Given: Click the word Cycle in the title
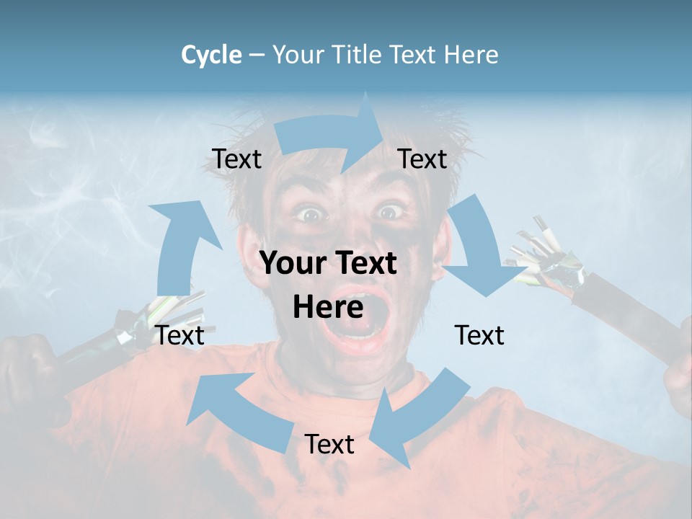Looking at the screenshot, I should click(x=211, y=55).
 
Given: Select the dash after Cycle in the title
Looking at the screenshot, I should click(x=257, y=55).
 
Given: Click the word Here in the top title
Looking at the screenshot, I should click(x=470, y=55).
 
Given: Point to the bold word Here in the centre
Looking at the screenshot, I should click(x=328, y=308).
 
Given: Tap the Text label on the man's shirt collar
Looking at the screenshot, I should click(x=329, y=444).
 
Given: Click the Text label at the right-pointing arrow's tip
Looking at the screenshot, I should click(x=422, y=159).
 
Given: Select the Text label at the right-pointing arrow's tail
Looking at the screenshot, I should click(x=237, y=159).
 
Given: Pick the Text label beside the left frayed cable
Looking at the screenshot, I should click(x=180, y=335).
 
